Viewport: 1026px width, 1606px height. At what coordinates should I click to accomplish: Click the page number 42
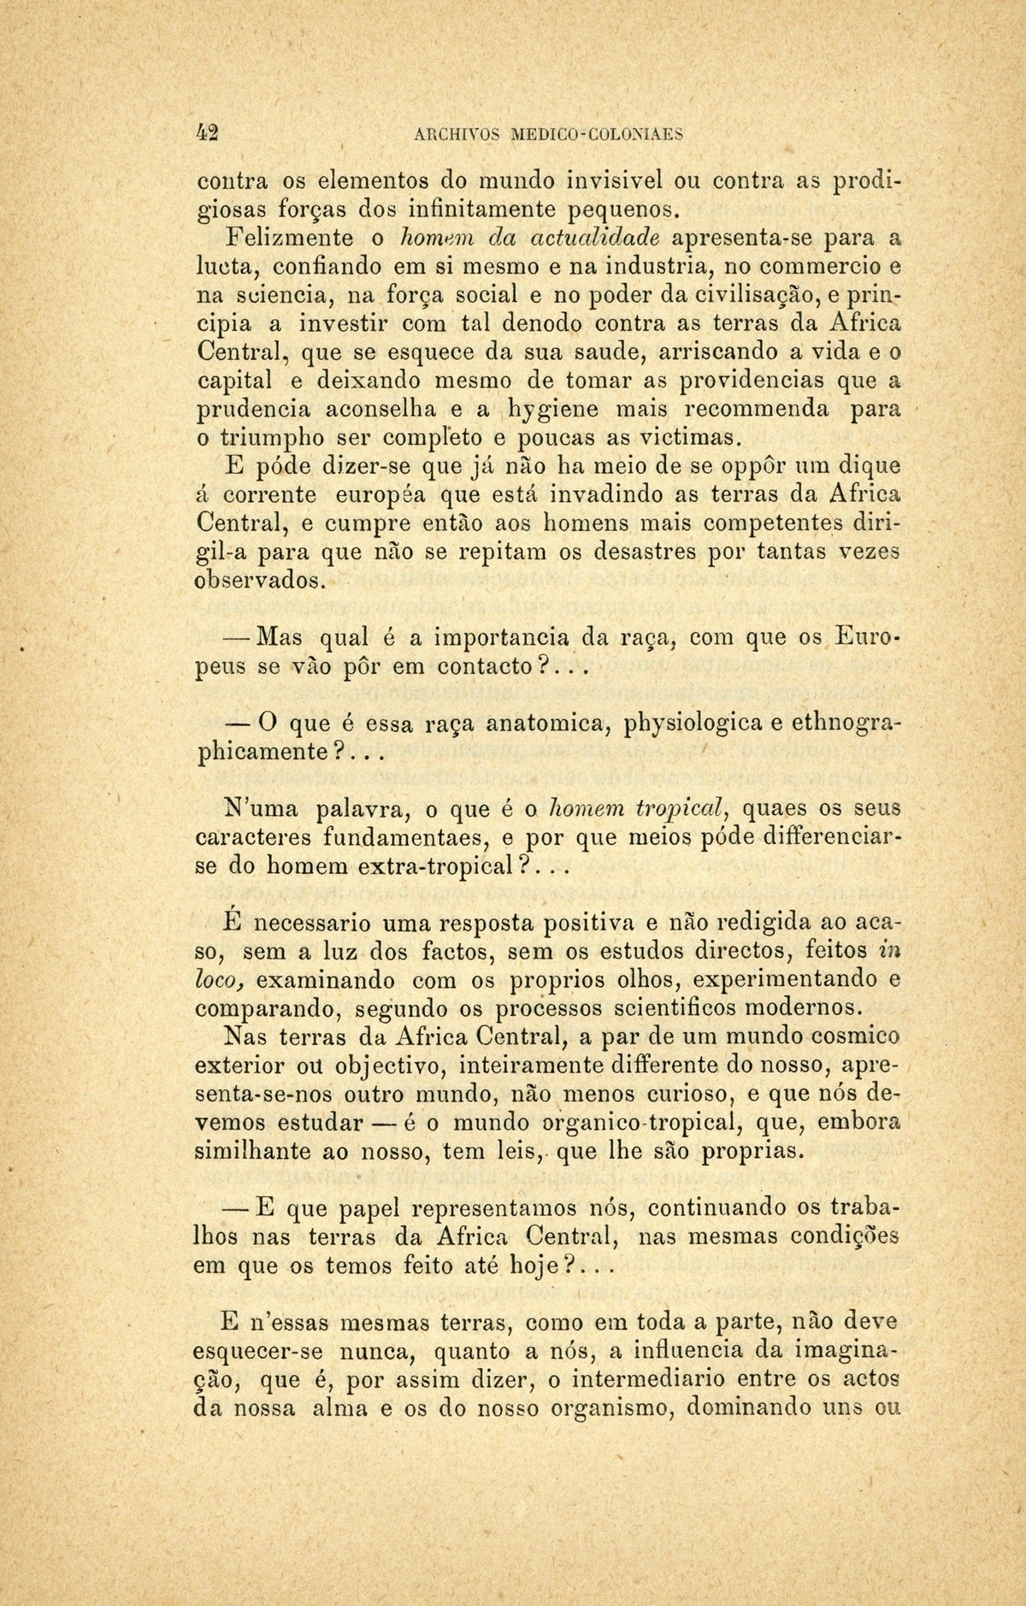click(x=208, y=133)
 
